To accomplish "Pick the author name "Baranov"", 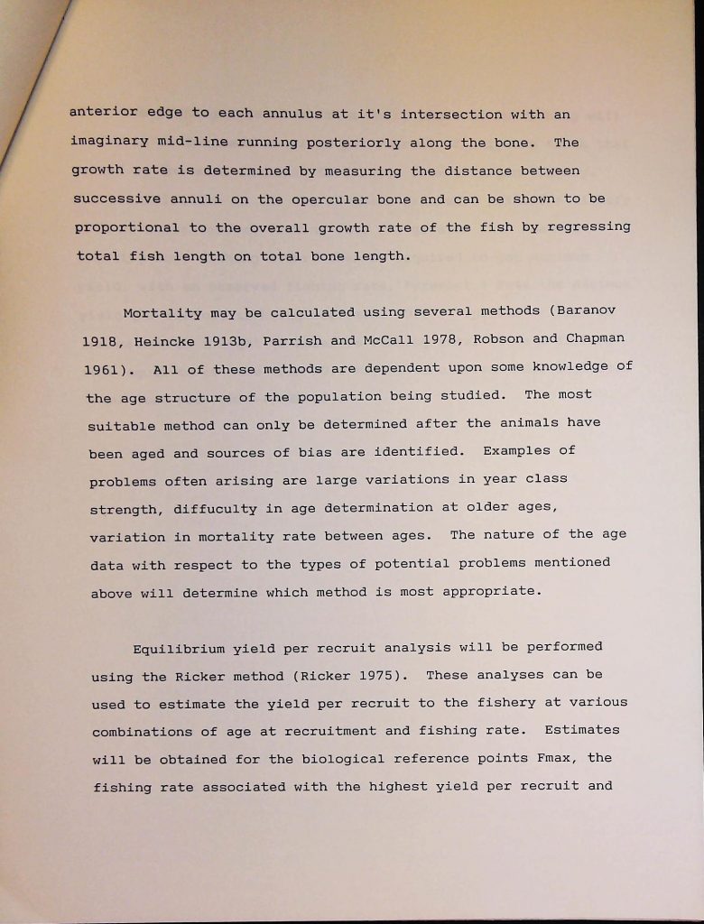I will point(587,310).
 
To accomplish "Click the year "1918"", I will point(102,342).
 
